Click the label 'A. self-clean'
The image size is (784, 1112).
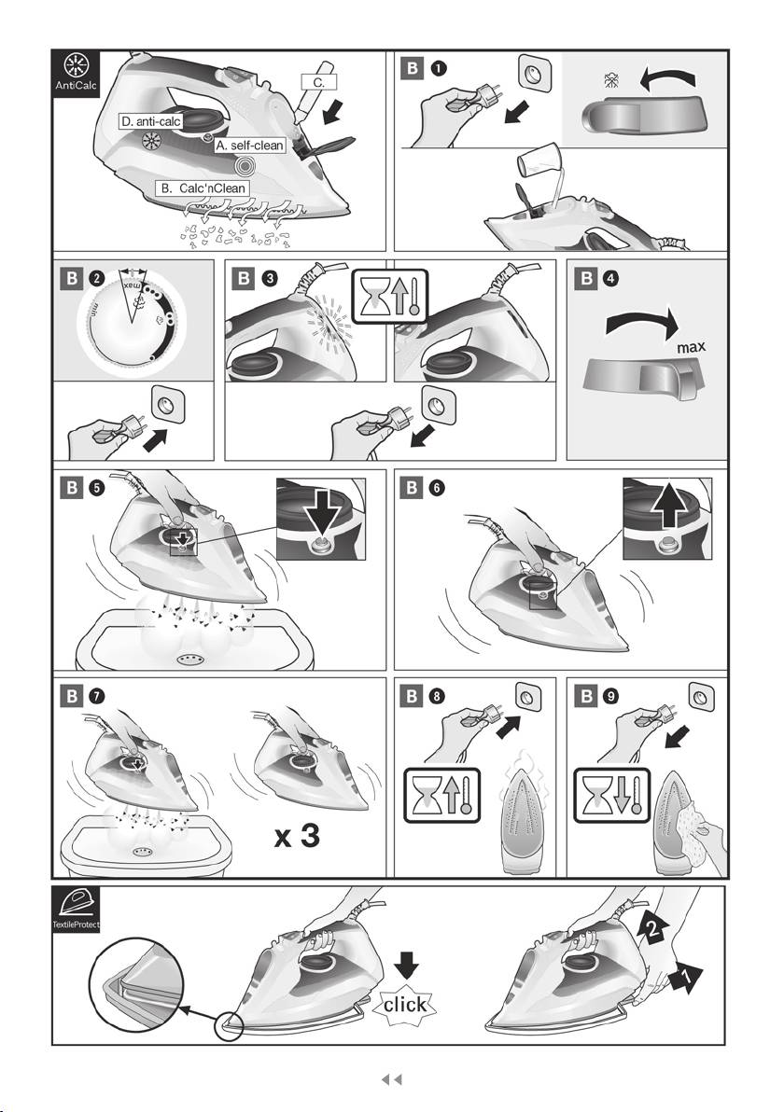[x=250, y=146]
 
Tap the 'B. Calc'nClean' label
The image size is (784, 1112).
[x=203, y=188]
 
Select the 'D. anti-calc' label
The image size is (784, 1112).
[x=151, y=122]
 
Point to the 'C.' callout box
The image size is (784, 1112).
[x=318, y=82]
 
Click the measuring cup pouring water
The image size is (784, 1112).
[x=539, y=161]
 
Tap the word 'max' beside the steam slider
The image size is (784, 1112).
[x=691, y=347]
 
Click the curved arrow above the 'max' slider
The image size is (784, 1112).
[x=642, y=320]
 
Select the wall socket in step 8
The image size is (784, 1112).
[x=527, y=698]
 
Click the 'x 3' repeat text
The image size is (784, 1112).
[x=298, y=836]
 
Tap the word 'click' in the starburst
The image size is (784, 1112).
[x=405, y=1004]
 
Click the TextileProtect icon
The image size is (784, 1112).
[x=77, y=910]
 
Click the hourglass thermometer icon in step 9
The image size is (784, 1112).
[x=611, y=796]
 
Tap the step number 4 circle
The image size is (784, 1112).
[x=611, y=279]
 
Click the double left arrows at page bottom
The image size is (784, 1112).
[x=392, y=1079]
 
